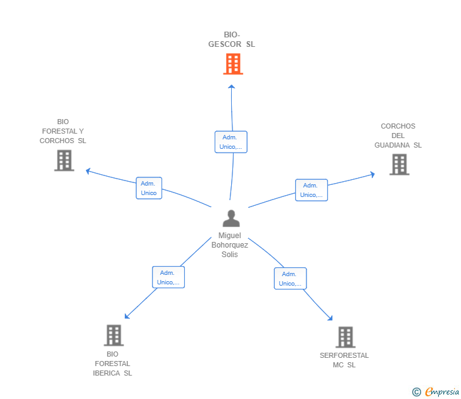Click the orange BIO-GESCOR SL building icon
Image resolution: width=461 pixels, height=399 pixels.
pos(233,64)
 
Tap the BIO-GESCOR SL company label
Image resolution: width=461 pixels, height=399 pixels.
pos(232,39)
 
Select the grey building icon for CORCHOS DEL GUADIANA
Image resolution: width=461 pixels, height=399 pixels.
pos(399,165)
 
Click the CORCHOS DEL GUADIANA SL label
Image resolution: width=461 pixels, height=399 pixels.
pos(398,136)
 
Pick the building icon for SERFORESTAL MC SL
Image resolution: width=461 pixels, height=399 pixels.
pos(346,337)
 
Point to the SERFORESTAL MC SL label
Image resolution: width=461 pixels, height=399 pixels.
pos(344,360)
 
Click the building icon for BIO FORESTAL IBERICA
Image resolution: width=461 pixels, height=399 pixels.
pos(114,335)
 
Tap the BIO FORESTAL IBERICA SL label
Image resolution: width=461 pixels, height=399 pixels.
pos(112,364)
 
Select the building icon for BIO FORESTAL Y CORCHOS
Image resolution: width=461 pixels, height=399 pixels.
pos(64,160)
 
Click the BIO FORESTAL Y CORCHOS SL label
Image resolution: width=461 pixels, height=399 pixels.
pos(63,131)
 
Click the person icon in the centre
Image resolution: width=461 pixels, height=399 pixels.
pos(231,218)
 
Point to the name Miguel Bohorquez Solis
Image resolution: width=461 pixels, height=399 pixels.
pos(230,245)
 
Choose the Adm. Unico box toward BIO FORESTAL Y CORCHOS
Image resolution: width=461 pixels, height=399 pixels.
pos(149,188)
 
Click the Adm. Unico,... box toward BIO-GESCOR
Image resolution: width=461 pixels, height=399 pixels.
pos(230,142)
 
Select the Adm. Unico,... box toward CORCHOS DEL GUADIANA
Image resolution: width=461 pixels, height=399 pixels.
pos(312,190)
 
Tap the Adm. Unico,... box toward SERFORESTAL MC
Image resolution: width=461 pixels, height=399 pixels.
pos(290,279)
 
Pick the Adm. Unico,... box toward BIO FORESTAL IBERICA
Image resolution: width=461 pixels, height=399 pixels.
pos(168,277)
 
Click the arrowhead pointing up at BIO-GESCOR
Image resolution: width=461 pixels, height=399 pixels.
pos(231,87)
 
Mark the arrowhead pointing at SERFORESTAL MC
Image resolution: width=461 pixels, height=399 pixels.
pos(331,318)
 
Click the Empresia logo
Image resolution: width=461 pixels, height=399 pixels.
pos(436,392)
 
